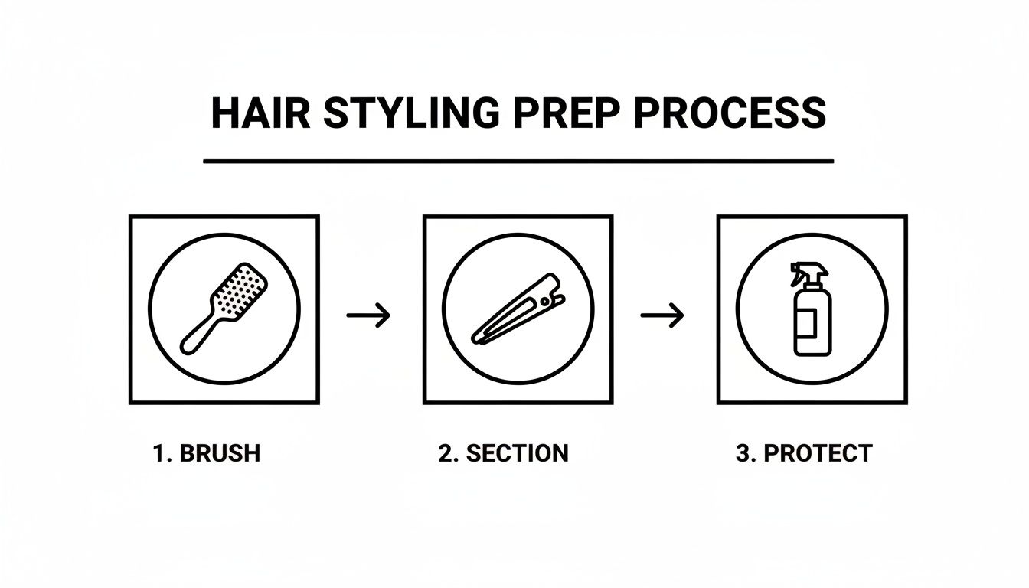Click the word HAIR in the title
click(260, 113)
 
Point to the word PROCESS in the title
click(730, 113)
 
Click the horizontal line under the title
click(518, 162)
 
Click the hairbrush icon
click(224, 308)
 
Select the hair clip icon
click(518, 308)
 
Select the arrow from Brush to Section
click(369, 315)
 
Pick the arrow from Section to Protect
click(662, 315)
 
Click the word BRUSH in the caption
click(220, 453)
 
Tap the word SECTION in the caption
click(518, 453)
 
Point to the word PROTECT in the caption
click(818, 453)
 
